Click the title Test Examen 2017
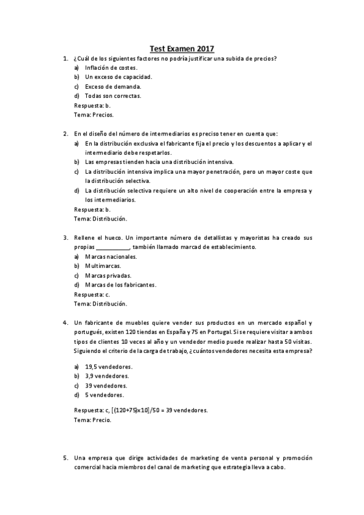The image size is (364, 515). click(182, 49)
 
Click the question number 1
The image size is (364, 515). click(65, 58)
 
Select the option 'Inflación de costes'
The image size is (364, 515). click(111, 67)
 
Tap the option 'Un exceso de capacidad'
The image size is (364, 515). click(118, 77)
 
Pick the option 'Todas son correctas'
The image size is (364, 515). click(113, 96)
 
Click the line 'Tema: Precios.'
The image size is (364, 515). click(94, 114)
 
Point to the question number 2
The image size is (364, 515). click(65, 134)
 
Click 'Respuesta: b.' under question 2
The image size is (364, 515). click(92, 209)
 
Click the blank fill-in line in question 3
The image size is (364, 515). click(113, 247)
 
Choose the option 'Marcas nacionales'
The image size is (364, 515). click(111, 256)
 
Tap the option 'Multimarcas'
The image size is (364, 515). click(103, 265)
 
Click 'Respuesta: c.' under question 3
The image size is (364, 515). click(92, 294)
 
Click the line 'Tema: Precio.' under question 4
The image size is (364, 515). click(92, 420)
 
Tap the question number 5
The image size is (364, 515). click(65, 457)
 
